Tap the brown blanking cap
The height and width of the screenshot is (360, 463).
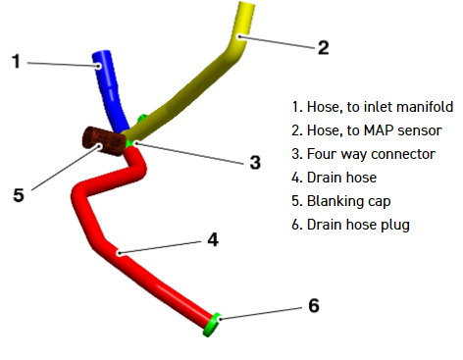[104, 141]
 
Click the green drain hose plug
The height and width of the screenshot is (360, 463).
[212, 325]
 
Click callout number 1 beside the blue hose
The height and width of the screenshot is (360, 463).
[16, 62]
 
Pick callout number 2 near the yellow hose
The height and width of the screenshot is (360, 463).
[323, 48]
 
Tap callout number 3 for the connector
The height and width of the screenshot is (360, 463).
[255, 163]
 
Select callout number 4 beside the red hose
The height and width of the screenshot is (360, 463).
[213, 239]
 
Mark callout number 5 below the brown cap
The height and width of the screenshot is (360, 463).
[19, 195]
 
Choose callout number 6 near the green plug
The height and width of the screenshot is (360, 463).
[314, 306]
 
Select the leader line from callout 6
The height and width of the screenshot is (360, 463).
[261, 313]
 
